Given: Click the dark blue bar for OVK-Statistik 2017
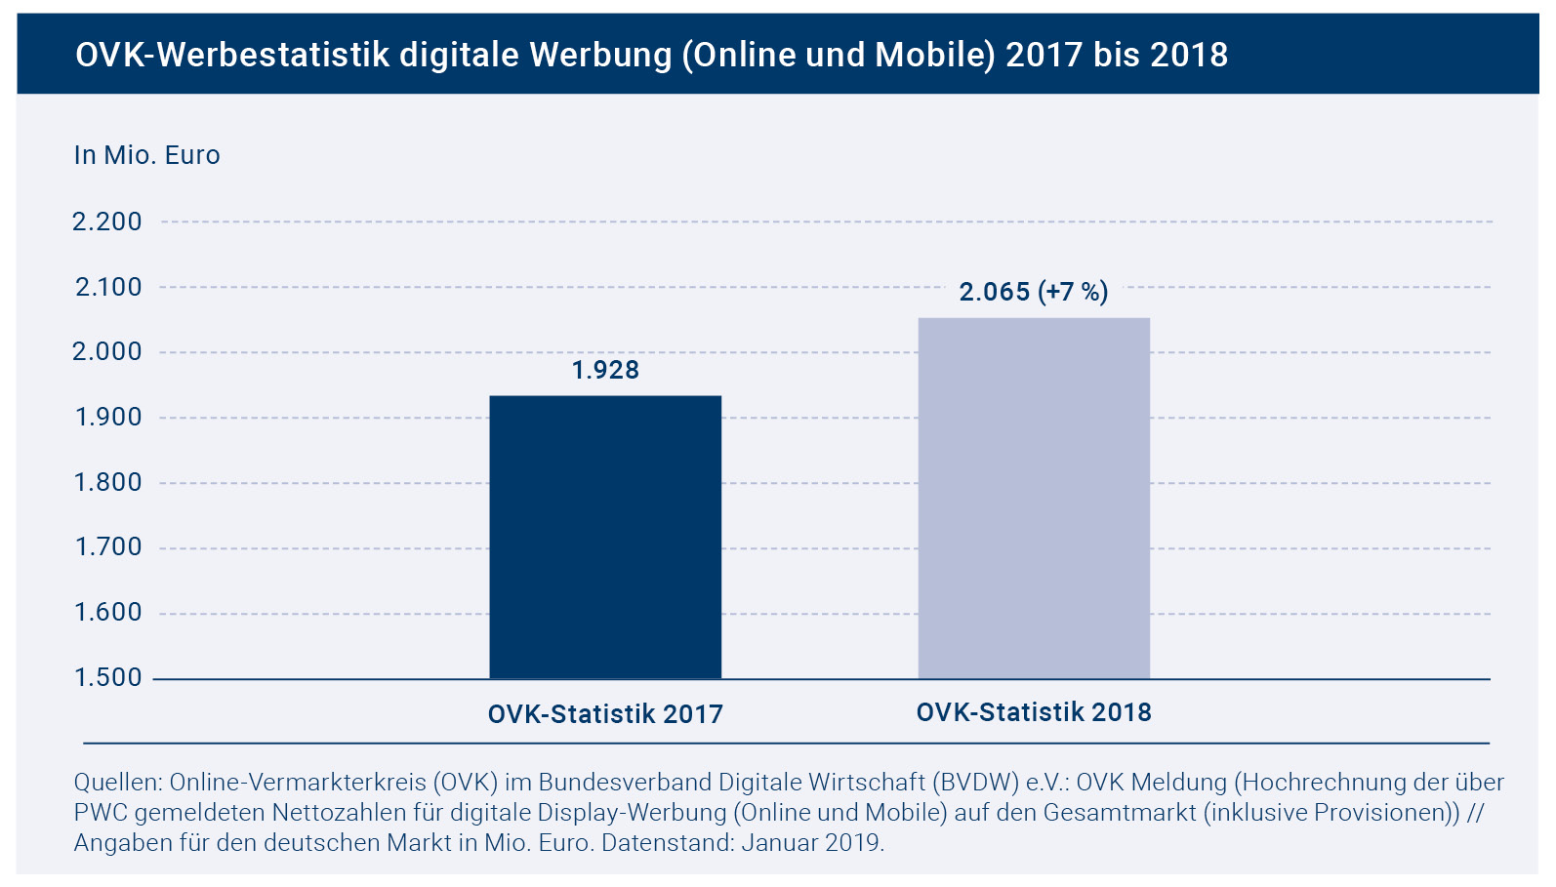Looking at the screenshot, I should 605,537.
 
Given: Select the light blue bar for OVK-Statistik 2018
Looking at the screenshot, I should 1034,498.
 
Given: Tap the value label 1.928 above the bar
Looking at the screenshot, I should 605,370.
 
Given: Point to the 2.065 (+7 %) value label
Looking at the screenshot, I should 1034,292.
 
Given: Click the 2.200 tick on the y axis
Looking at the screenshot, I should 107,222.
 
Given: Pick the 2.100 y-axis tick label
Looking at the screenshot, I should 108,287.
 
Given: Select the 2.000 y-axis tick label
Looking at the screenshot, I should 107,352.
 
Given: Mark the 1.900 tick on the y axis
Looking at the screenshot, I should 108,418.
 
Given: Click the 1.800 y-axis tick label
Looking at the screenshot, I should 108,482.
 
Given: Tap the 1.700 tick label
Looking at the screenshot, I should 108,547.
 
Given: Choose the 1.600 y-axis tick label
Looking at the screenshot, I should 108,613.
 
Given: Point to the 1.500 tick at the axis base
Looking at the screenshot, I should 108,677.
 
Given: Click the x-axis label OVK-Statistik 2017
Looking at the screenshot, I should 605,714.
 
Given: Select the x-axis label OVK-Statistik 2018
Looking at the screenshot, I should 1034,712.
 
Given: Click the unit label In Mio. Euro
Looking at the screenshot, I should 147,155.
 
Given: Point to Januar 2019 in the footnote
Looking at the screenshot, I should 811,842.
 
